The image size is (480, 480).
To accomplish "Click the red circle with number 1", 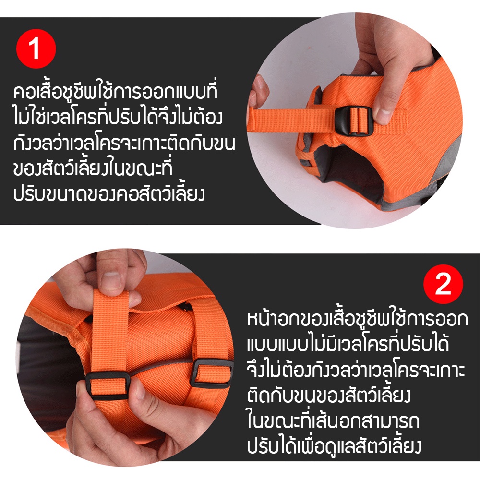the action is tap(36, 48).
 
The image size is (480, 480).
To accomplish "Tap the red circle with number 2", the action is tap(443, 284).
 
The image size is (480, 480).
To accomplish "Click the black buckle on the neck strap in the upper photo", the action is tap(354, 120).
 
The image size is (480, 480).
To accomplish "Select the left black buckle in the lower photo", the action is tap(107, 386).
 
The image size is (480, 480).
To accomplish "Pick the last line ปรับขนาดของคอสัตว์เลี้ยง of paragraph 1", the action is tap(108, 194).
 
